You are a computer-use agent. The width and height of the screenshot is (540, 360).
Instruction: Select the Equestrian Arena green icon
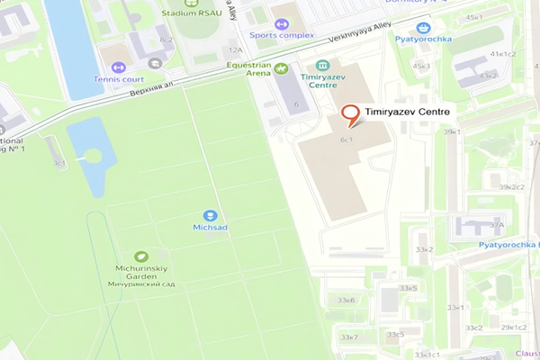tap(282, 68)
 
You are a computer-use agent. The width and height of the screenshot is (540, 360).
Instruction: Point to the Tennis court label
tap(118, 78)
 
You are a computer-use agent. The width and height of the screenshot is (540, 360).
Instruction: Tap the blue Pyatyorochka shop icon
tap(423, 28)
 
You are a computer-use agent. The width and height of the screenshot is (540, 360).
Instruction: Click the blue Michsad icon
tap(210, 215)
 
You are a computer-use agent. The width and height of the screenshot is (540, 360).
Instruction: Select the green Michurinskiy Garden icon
tap(140, 256)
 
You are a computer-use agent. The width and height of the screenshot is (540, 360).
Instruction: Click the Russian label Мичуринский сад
tap(140, 284)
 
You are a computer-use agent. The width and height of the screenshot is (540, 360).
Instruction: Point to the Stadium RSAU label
tap(192, 13)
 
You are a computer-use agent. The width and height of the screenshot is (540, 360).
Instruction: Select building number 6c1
tap(345, 140)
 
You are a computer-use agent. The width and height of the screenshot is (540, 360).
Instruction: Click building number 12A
tap(236, 50)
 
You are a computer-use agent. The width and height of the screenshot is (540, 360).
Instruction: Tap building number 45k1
tap(473, 16)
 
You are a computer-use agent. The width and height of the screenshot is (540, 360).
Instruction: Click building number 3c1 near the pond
tap(58, 163)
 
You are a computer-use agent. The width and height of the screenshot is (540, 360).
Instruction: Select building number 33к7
tap(348, 337)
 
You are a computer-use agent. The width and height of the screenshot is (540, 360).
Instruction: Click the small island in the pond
tap(92, 155)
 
